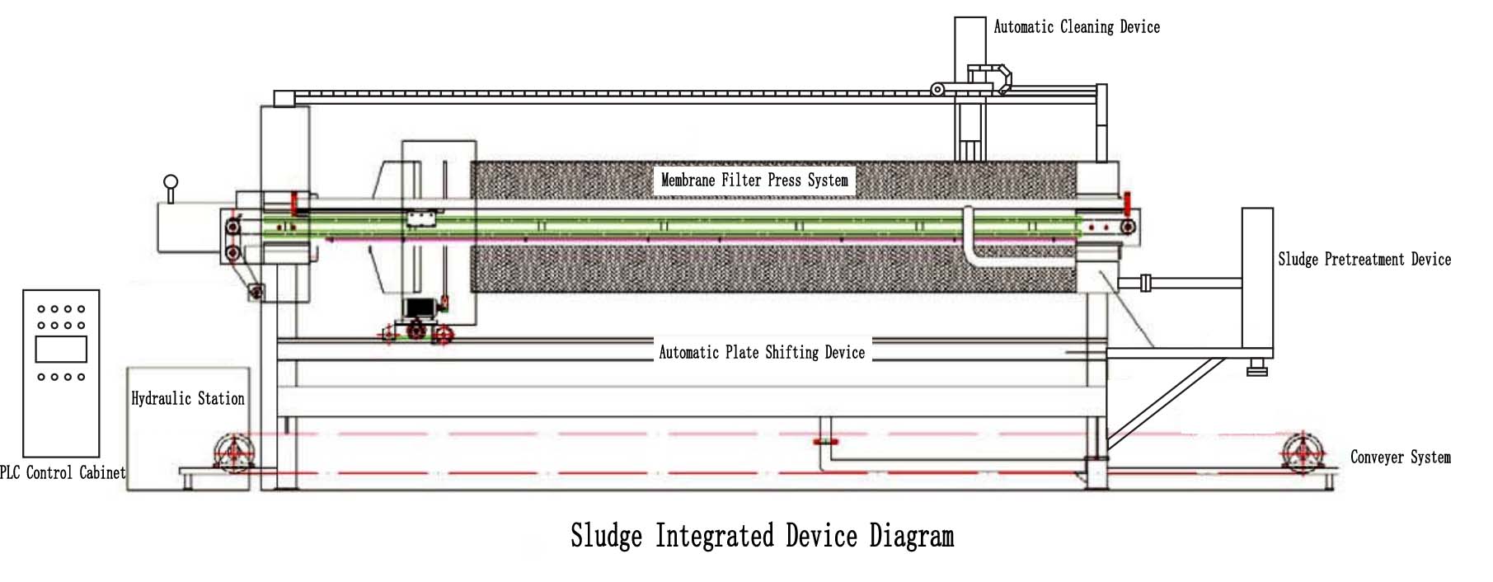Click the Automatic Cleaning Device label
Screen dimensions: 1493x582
[1077, 27]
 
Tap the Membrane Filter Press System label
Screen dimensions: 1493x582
[754, 181]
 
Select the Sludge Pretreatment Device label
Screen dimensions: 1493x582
[1364, 260]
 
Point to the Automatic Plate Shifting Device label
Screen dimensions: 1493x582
[762, 353]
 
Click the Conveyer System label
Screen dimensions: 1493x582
[1401, 458]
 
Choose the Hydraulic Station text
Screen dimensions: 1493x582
[188, 399]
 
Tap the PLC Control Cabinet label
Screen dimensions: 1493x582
[63, 473]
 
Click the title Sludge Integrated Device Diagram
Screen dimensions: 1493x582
[763, 536]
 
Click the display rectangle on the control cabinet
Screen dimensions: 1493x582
[61, 350]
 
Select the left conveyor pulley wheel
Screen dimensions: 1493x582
[234, 452]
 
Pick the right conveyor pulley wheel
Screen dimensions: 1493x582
[1302, 453]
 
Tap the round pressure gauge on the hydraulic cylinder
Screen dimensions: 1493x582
[171, 182]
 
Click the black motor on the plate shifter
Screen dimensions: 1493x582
[420, 307]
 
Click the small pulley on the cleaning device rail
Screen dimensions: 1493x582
[937, 89]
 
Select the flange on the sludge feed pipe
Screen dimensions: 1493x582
[1145, 283]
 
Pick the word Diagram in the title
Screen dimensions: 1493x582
[912, 537]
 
